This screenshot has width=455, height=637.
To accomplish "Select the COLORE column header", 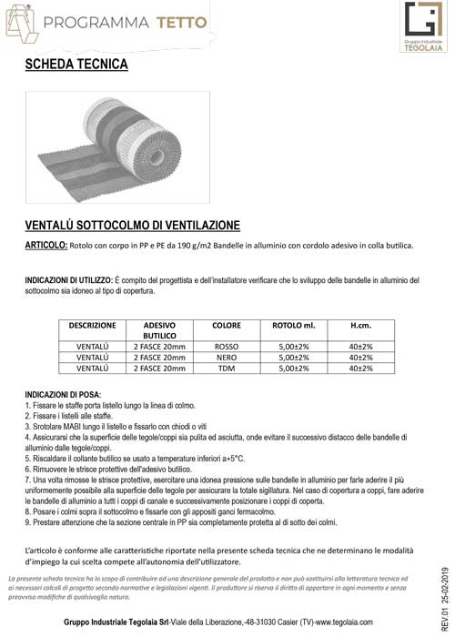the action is pyautogui.click(x=226, y=324).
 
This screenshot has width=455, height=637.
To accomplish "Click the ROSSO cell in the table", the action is pyautogui.click(x=226, y=347).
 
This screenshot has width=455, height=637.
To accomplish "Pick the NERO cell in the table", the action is pyautogui.click(x=226, y=358).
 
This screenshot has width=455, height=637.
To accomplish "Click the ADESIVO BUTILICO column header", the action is pyautogui.click(x=159, y=329).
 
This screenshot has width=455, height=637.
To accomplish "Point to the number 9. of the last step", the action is pyautogui.click(x=28, y=522).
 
